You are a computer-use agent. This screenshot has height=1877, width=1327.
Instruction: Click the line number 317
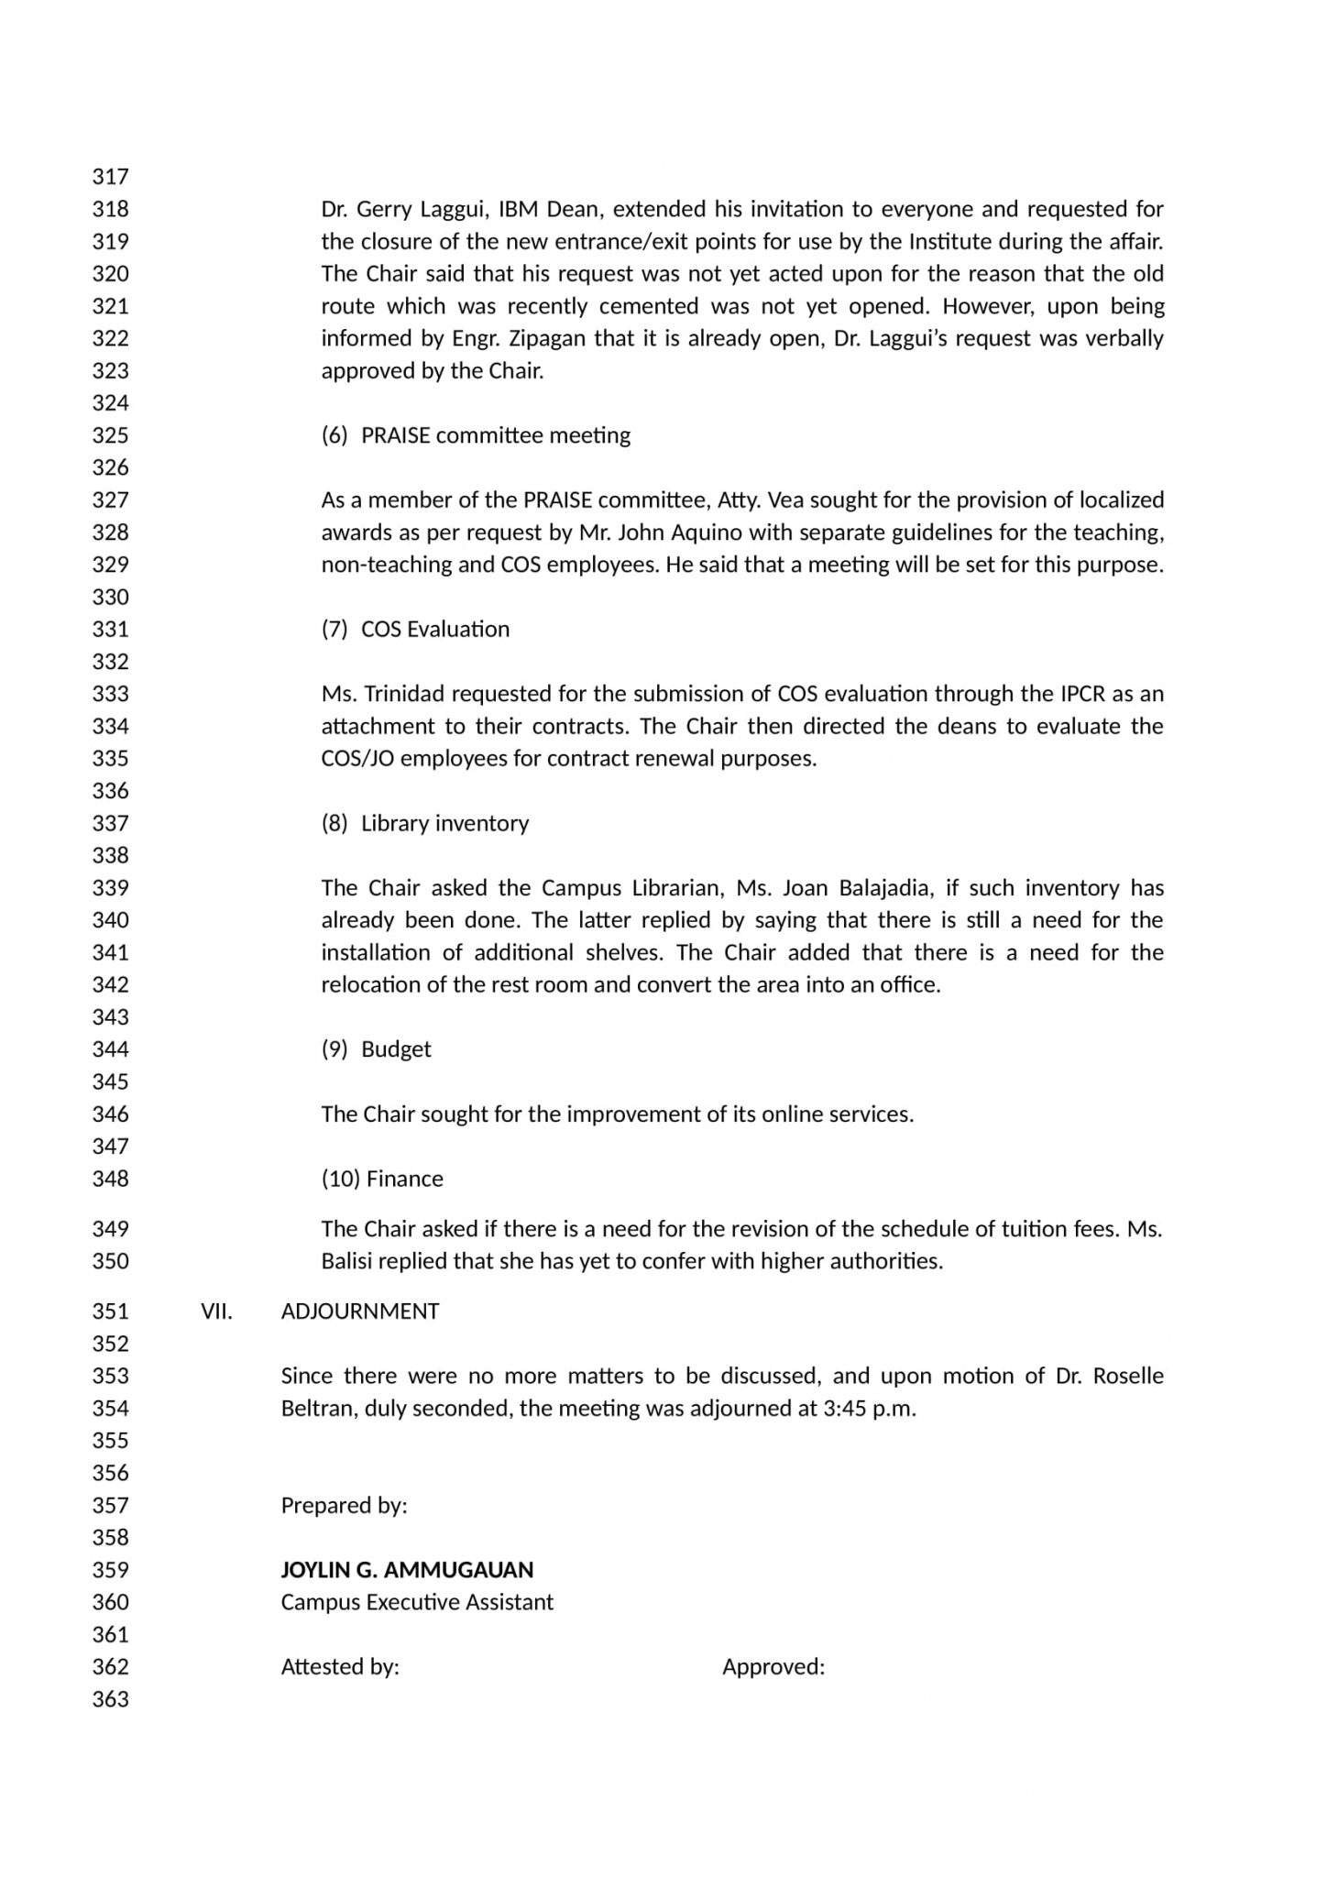[x=110, y=176]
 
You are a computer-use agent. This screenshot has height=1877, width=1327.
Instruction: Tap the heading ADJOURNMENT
[x=359, y=1311]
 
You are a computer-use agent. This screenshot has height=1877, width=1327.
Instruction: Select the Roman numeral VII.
[x=216, y=1311]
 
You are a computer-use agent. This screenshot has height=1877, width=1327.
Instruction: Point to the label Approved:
[x=773, y=1666]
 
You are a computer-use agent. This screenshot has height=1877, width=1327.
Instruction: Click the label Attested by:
[x=340, y=1666]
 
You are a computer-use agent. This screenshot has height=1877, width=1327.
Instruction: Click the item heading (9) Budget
[x=376, y=1048]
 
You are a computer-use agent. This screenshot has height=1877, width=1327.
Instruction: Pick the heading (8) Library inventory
[x=425, y=823]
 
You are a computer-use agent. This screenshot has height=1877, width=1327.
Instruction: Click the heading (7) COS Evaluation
[x=415, y=629]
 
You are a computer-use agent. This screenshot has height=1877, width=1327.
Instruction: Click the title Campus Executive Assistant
[x=417, y=1602]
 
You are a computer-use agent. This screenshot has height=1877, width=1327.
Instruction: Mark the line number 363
[x=110, y=1699]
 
